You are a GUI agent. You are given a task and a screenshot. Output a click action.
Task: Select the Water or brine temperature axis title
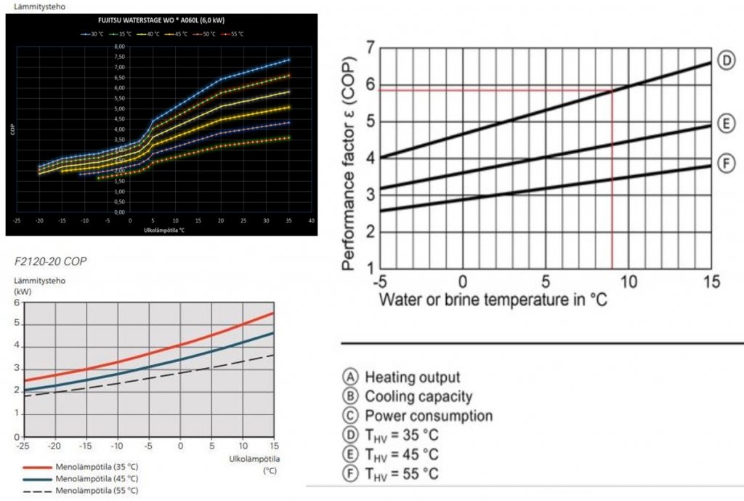click(x=493, y=300)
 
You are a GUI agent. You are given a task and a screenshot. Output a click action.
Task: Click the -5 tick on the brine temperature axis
click(x=379, y=281)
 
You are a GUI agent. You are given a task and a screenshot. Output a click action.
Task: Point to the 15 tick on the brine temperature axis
click(x=711, y=281)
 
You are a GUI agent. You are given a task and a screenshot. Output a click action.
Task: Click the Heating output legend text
click(x=412, y=377)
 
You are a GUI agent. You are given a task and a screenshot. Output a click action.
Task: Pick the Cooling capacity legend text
click(x=418, y=396)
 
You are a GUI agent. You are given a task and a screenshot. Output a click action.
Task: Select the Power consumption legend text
click(x=428, y=416)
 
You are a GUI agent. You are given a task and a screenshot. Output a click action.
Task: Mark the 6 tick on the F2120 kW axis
click(x=18, y=302)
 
